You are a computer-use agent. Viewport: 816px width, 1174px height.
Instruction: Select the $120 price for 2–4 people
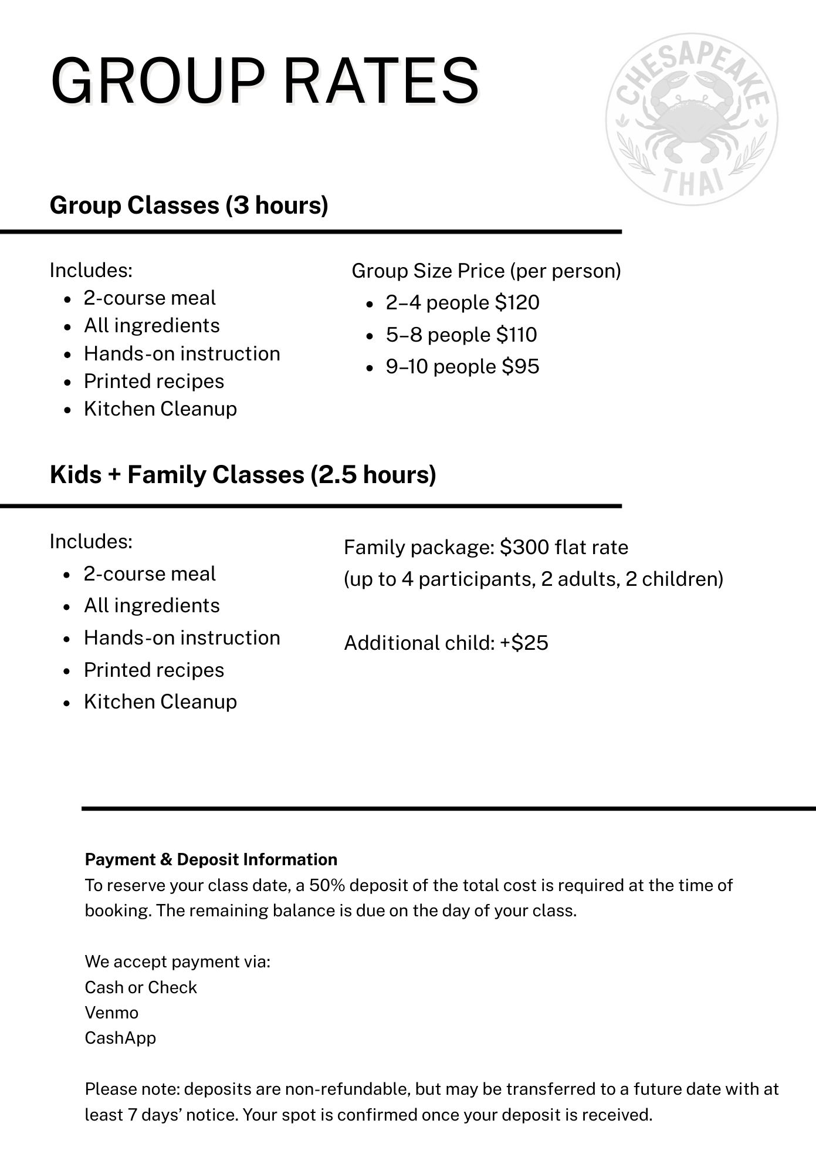tap(517, 303)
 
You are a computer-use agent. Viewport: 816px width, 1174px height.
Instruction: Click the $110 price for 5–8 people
tap(516, 335)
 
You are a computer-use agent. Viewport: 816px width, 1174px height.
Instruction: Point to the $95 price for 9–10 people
tap(520, 367)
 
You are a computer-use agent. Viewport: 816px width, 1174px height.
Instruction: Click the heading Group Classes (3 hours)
tap(189, 205)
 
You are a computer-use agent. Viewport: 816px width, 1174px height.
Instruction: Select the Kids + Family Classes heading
tap(243, 475)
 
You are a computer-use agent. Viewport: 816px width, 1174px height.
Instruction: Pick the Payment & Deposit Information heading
tap(211, 860)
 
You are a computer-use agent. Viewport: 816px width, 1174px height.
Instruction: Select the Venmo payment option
tap(111, 1013)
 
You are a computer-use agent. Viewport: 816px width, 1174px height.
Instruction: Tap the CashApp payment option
tap(120, 1038)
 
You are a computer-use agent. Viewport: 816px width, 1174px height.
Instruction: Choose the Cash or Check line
tap(141, 988)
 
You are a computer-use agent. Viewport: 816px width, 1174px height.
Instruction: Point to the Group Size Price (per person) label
tap(486, 271)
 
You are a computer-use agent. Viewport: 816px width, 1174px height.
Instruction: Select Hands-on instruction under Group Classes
tap(182, 354)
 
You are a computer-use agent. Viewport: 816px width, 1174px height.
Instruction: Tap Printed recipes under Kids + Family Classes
tap(154, 670)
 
